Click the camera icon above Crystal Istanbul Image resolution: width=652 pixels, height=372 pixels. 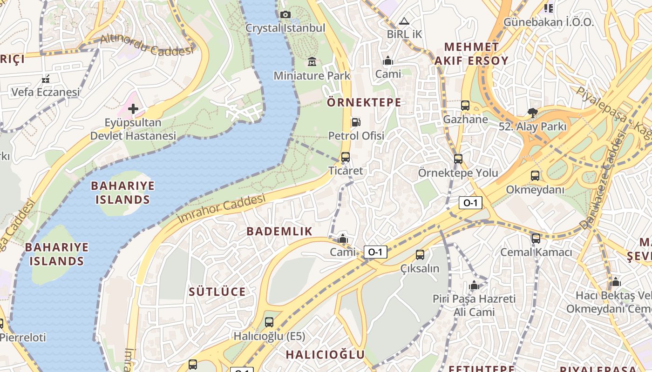coord(285,15)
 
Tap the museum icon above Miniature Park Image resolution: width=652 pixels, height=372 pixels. coord(312,61)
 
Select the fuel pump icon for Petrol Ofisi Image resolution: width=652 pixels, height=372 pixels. coord(356,122)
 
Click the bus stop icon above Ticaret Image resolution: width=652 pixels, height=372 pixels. coord(345,157)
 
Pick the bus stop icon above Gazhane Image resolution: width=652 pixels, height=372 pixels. coord(465,106)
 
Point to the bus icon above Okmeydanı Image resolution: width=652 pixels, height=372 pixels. coord(535,176)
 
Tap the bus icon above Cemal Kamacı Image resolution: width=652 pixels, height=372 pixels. coord(536,239)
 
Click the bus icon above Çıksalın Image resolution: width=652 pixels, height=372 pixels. coord(420,255)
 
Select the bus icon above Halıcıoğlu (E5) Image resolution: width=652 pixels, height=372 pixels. coord(269,322)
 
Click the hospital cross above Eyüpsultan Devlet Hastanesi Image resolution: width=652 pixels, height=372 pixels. coord(133,109)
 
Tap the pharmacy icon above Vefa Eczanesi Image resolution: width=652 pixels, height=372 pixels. coord(46,79)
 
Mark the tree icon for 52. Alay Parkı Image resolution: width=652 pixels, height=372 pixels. coord(532,113)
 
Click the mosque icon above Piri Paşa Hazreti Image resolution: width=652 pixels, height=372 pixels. coord(474,285)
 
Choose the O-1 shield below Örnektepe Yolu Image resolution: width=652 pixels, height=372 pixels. coord(470,203)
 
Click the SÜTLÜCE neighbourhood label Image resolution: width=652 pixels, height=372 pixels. coord(217,292)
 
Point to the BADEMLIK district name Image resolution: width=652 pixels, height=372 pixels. coord(279,231)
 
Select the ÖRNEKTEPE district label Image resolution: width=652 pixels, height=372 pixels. coord(364,102)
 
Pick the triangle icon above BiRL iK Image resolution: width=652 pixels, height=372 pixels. coord(404,21)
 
